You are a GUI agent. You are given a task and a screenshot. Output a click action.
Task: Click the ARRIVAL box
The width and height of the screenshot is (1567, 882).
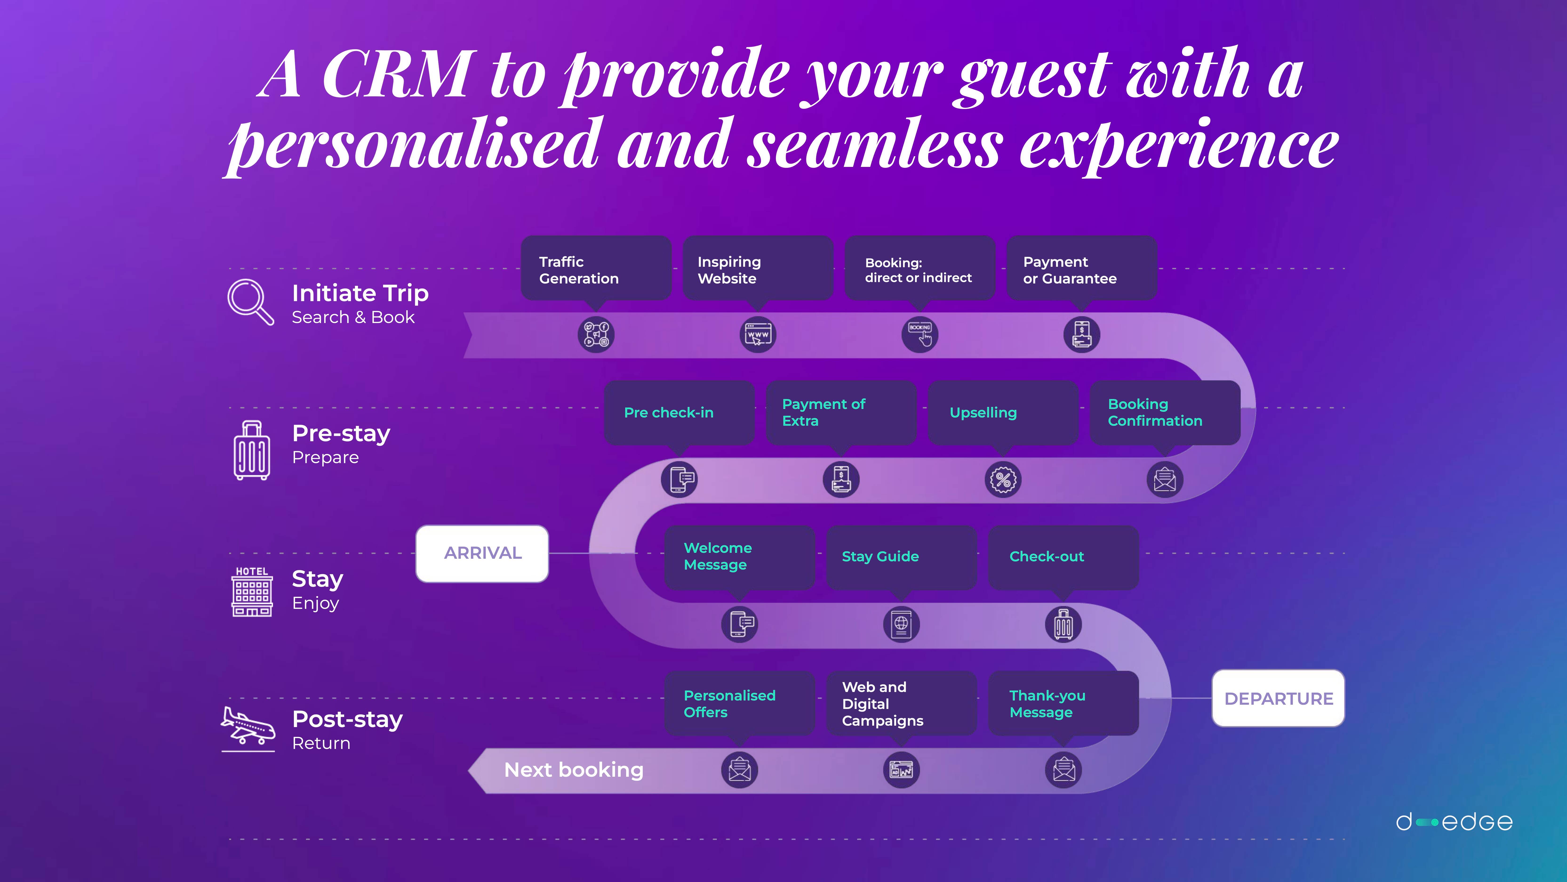pyautogui.click(x=482, y=553)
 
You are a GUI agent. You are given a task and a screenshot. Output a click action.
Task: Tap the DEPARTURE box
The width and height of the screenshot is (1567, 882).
pyautogui.click(x=1278, y=698)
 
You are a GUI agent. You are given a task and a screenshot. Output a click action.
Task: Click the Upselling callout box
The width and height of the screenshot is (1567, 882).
pyautogui.click(x=1003, y=413)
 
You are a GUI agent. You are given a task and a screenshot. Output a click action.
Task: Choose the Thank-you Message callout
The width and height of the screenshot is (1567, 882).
pyautogui.click(x=1063, y=704)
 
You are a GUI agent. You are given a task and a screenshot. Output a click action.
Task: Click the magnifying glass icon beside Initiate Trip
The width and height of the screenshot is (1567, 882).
pyautogui.click(x=250, y=302)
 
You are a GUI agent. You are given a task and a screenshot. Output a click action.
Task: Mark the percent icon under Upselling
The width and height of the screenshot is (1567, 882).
pyautogui.click(x=1003, y=480)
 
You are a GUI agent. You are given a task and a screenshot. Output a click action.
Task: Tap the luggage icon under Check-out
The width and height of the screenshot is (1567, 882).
pyautogui.click(x=1063, y=624)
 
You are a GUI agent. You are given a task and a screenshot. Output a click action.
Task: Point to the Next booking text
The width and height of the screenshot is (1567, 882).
pyautogui.click(x=574, y=770)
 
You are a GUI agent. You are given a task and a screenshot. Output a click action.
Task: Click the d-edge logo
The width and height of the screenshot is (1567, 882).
pyautogui.click(x=1454, y=822)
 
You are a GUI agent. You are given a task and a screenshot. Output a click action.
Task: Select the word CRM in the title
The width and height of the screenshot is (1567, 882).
pyautogui.click(x=398, y=74)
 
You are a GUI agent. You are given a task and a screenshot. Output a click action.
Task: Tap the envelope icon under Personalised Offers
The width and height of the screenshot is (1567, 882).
pyautogui.click(x=739, y=770)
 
